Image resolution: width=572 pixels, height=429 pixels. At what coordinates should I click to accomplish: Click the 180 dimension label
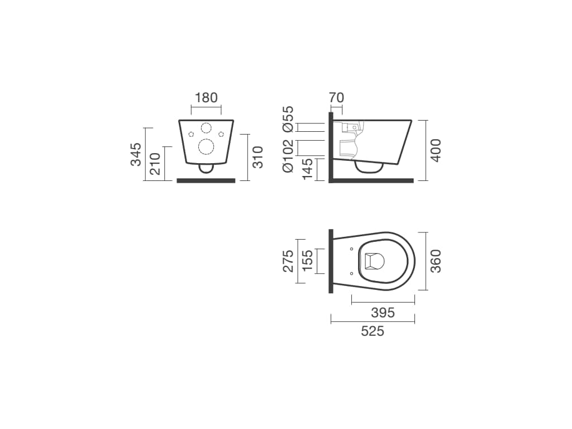tap(206, 98)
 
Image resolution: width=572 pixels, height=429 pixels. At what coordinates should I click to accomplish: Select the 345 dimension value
tap(136, 154)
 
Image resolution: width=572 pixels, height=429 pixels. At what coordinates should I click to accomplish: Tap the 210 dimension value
tap(155, 164)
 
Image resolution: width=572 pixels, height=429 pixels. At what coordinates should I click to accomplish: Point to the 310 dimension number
tap(258, 157)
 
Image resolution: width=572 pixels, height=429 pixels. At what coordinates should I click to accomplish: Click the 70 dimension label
tap(336, 98)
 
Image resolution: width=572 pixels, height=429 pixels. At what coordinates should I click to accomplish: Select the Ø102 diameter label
tap(288, 155)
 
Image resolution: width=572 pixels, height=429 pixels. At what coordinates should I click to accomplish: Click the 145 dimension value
tap(308, 169)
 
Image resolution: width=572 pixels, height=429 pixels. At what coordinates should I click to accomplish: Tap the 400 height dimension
tap(436, 150)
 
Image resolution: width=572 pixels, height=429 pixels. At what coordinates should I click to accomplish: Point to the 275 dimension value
tap(288, 261)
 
